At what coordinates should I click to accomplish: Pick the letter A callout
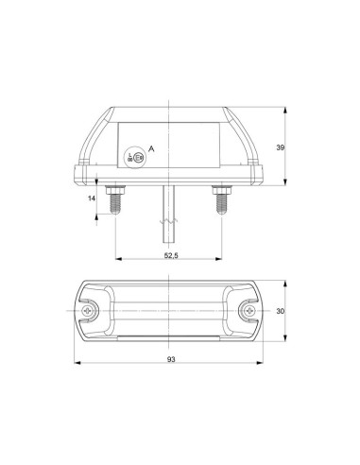click(151, 151)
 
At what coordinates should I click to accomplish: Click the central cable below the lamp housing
click(167, 203)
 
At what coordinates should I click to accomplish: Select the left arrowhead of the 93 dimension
click(74, 364)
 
